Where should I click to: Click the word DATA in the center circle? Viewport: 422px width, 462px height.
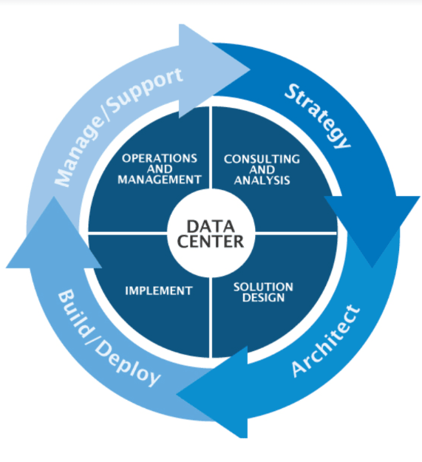(211, 227)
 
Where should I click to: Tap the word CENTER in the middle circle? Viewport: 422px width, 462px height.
(211, 241)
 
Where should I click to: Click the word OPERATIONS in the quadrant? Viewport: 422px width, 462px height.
(160, 158)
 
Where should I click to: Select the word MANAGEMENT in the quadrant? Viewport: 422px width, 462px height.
(160, 180)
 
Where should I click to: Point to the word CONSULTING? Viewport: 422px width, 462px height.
(262, 159)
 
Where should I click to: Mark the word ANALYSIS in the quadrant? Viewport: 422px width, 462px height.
(262, 180)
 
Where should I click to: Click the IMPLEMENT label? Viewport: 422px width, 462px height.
(159, 291)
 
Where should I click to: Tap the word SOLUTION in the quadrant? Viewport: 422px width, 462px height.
(263, 287)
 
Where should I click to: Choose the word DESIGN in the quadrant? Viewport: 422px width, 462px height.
(263, 298)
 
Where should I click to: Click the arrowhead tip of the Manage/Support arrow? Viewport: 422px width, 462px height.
(251, 69)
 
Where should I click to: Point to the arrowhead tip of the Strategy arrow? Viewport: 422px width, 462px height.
(372, 268)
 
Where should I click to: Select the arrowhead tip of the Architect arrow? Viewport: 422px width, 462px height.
(177, 394)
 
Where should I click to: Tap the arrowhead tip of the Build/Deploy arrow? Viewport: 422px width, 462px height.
(54, 197)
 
